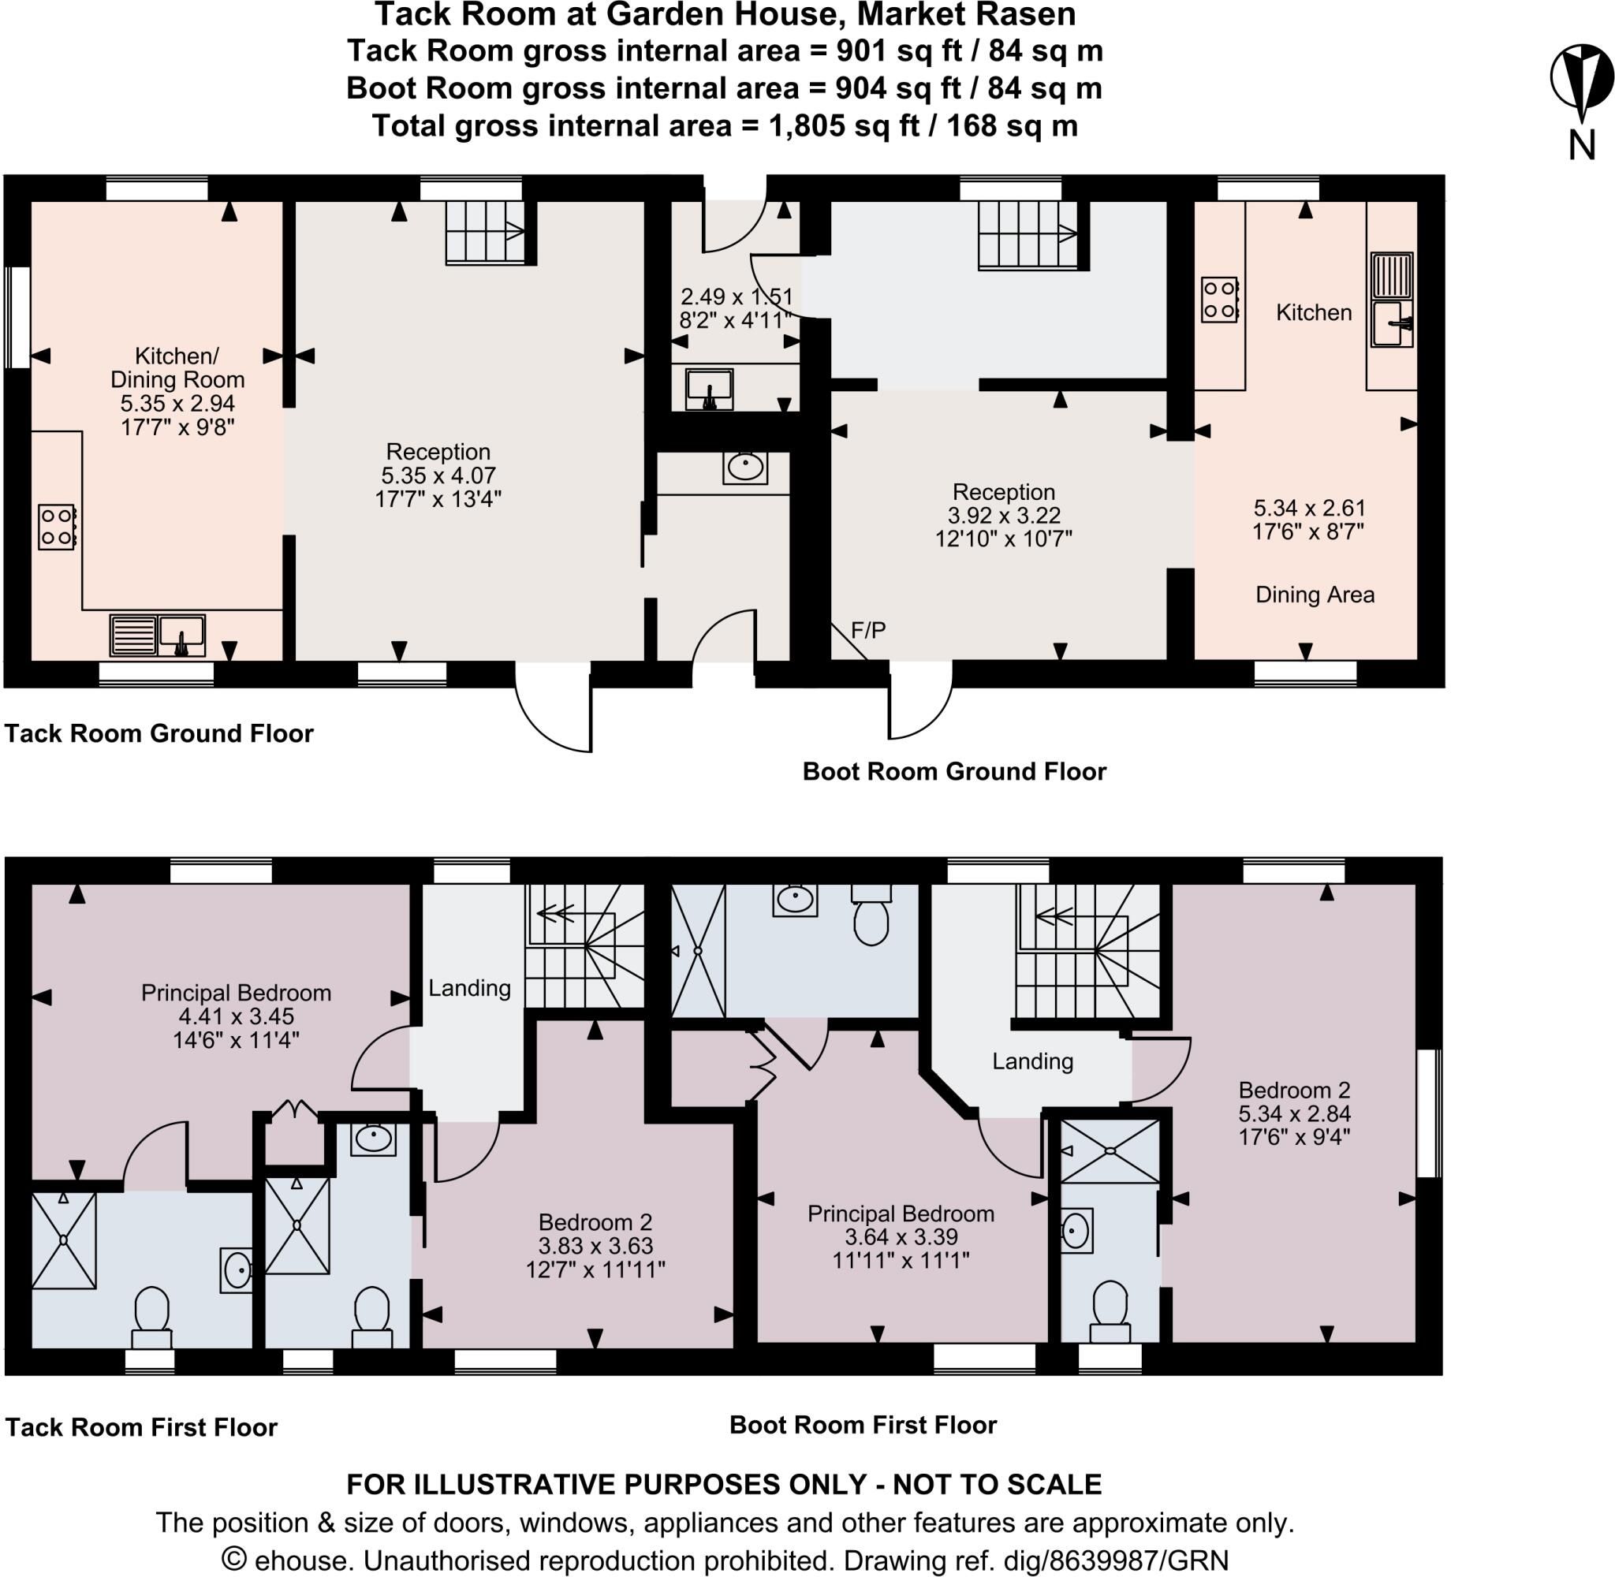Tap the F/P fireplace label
868,630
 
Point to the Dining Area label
1315,595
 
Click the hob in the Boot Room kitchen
1219,300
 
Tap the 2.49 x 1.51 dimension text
737,296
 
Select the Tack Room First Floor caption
142,1427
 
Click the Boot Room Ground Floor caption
954,771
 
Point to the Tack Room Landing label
469,987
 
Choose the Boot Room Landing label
1033,1061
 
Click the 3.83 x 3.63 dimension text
595,1246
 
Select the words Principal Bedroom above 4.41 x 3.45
236,993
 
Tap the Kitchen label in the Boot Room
1314,312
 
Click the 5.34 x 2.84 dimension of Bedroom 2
1295,1113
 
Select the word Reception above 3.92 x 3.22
1004,492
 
